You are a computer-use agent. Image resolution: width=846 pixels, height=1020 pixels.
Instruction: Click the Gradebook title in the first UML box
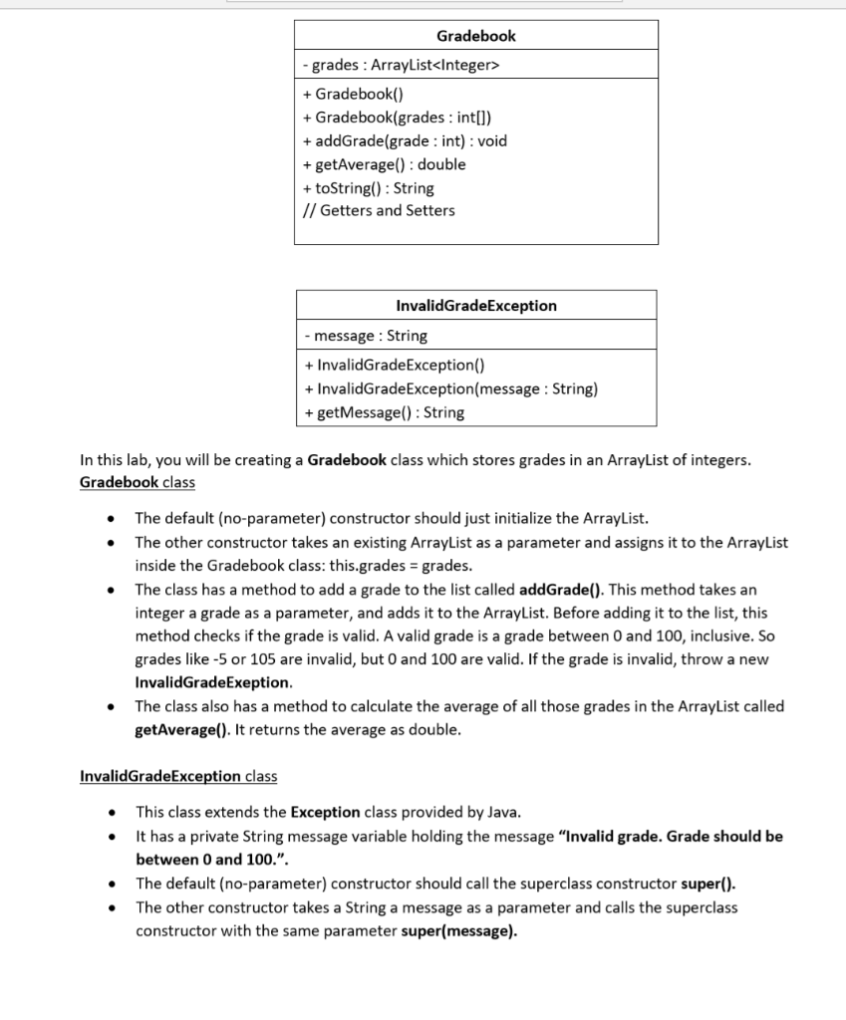coord(475,36)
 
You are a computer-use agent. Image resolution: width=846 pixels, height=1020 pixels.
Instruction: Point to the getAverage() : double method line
coord(384,164)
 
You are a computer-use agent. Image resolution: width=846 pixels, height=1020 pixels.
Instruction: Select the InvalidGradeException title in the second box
coord(475,306)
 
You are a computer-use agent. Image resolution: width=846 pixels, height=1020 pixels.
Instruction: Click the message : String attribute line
coord(365,336)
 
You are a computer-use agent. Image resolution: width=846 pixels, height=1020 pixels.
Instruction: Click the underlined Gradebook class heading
coord(137,482)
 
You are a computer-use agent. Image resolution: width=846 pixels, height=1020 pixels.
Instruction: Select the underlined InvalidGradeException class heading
coord(177,776)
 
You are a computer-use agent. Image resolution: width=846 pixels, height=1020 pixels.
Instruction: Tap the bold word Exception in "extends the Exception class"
coord(325,811)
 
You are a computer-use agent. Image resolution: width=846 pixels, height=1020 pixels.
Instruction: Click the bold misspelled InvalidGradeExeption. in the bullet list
coord(213,683)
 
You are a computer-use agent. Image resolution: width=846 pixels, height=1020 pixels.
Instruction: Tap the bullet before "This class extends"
coord(117,812)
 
